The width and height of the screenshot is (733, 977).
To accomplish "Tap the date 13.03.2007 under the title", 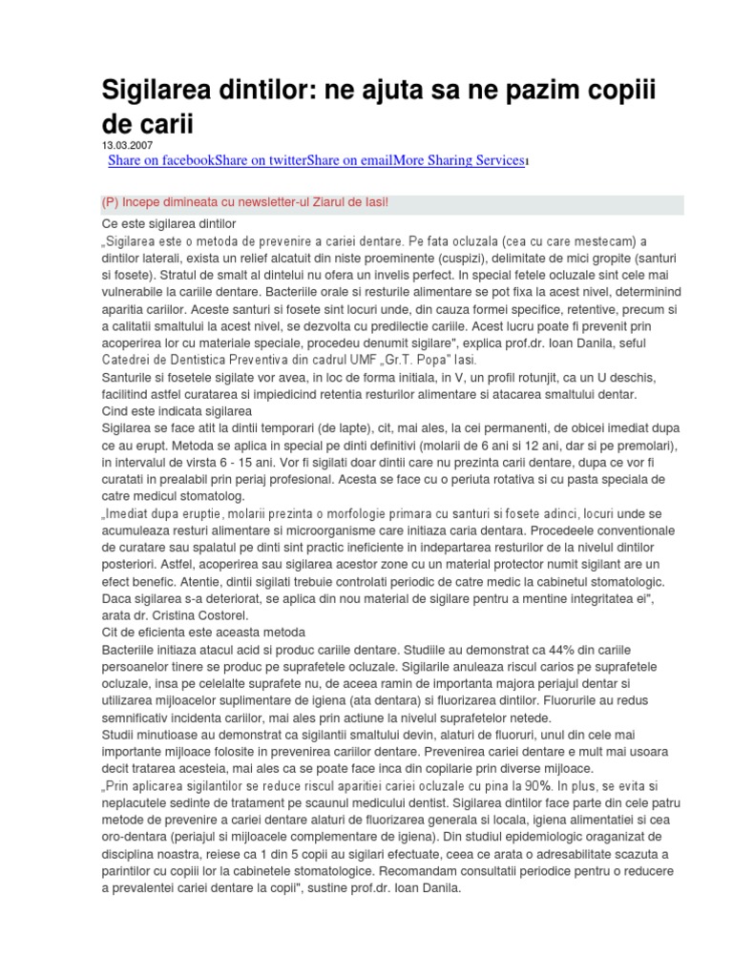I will coord(128,145).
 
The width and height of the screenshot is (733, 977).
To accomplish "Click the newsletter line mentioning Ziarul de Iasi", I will coord(245,203).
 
